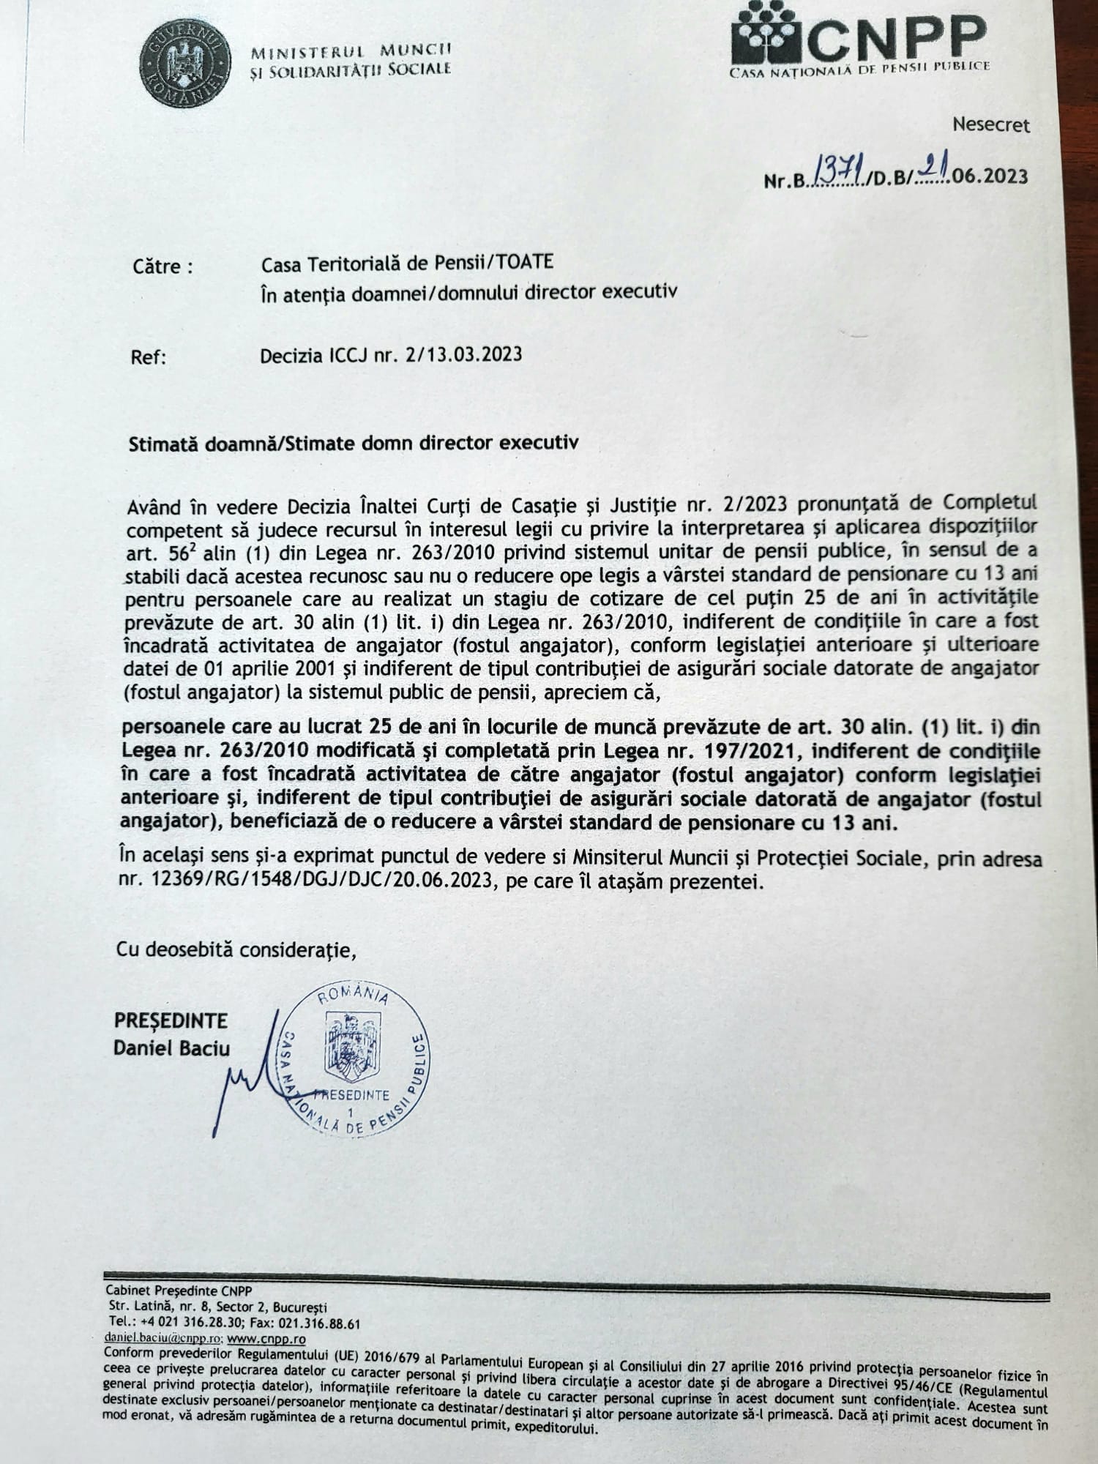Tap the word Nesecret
990,125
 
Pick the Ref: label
149,358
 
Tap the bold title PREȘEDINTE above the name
170,1020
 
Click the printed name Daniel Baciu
171,1048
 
